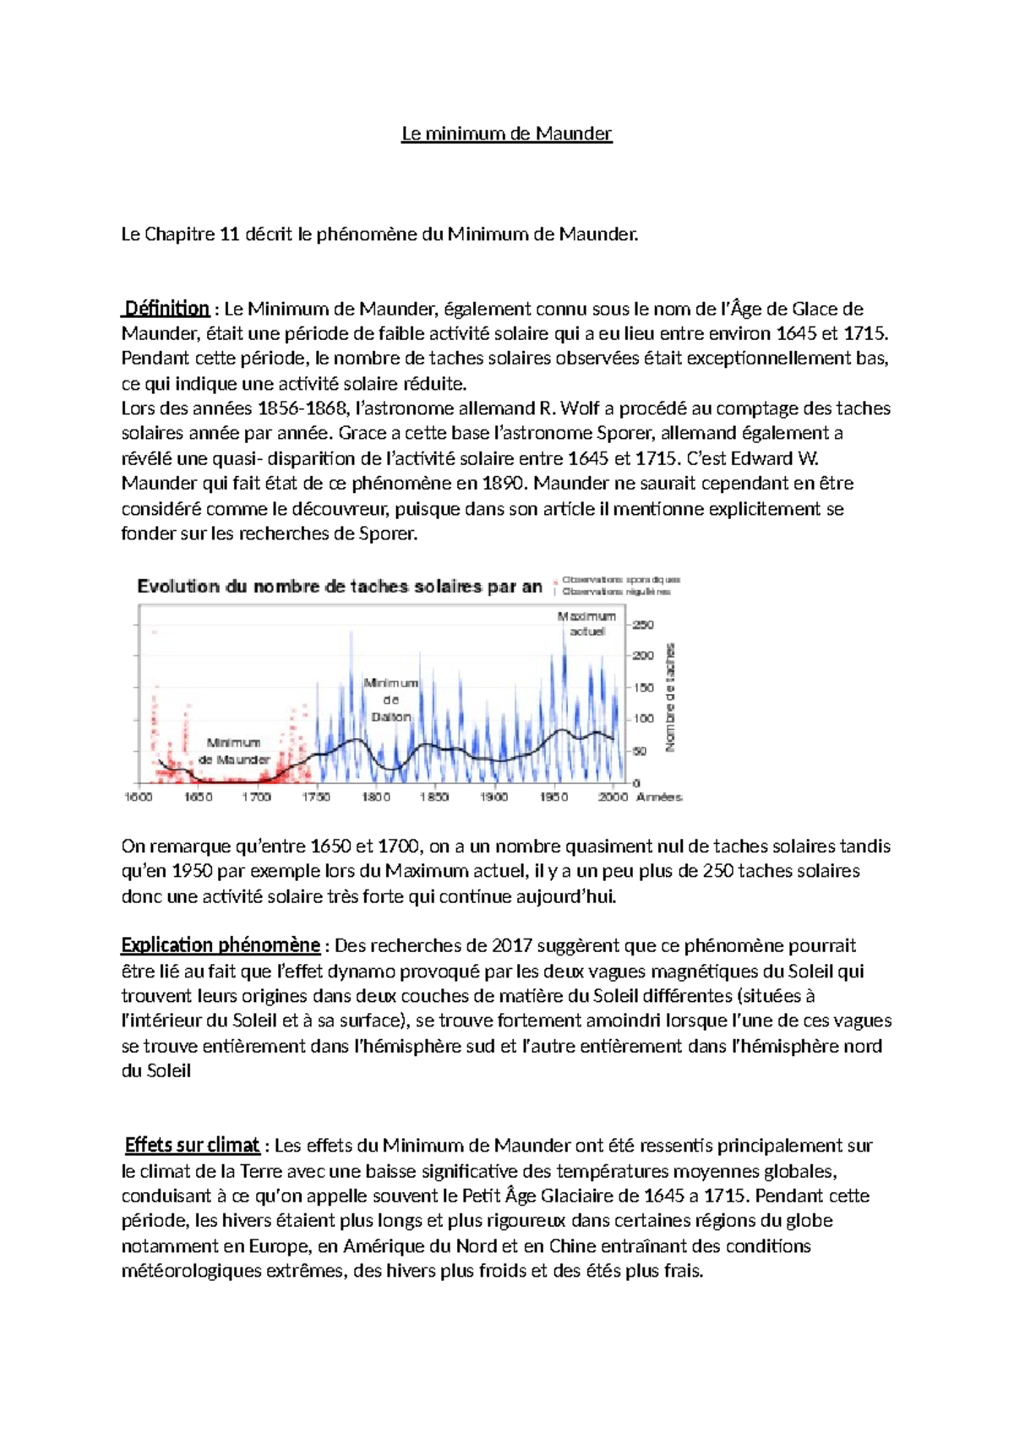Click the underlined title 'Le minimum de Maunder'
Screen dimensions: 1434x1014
(506, 134)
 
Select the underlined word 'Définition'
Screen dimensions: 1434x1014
(166, 309)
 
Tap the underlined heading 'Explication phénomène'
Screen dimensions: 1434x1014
(221, 945)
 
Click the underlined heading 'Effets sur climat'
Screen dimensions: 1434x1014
(192, 1146)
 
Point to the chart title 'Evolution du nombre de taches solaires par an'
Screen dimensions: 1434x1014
(340, 586)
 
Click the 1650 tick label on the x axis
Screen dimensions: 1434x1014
(199, 797)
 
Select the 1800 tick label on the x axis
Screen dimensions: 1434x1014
(376, 797)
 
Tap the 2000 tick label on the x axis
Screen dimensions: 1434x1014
(613, 797)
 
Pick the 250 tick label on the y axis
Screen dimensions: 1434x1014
(643, 625)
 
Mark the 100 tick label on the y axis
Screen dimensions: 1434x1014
(643, 719)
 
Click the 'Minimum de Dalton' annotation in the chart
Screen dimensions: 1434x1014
(390, 700)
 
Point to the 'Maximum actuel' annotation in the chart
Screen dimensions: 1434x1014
(586, 624)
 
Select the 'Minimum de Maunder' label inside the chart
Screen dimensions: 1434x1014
(234, 751)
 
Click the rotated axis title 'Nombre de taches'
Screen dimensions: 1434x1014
(671, 698)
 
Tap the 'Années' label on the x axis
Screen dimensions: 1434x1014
(659, 797)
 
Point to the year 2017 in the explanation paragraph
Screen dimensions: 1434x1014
(512, 945)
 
